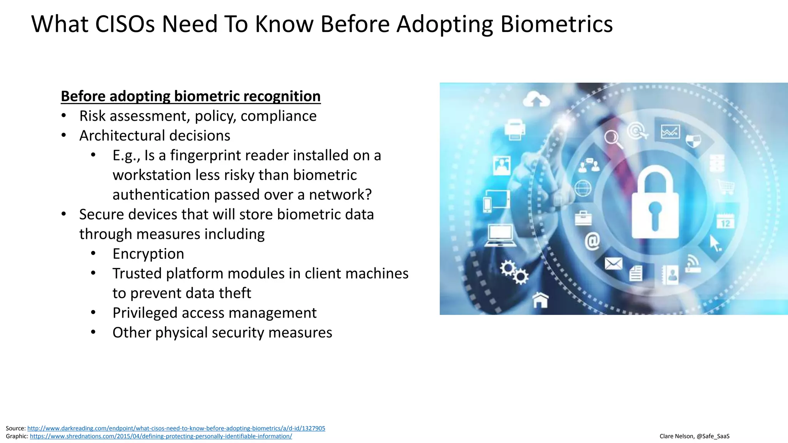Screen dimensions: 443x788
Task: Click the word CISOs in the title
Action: coord(125,24)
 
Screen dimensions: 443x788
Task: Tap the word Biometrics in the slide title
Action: coord(556,24)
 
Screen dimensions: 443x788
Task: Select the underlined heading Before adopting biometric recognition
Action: coord(190,96)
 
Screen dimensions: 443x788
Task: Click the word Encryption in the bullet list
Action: coord(148,254)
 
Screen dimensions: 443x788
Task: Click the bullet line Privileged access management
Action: coord(214,313)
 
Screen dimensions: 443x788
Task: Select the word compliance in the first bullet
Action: coord(278,116)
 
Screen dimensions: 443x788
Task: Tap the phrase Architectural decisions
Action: coord(155,135)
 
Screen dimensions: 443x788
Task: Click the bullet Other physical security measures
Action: coord(222,333)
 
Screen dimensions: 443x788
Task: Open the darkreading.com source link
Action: coord(176,428)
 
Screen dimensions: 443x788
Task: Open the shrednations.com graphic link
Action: coord(161,436)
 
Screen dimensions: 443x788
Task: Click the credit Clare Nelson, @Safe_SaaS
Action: coord(694,436)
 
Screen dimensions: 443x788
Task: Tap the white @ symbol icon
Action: coord(592,241)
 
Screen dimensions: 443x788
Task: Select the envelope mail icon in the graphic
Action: coord(613,264)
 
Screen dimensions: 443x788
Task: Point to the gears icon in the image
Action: coord(514,272)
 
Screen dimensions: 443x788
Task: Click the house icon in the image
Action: coord(540,300)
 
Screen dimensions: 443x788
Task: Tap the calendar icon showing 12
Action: coord(725,222)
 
